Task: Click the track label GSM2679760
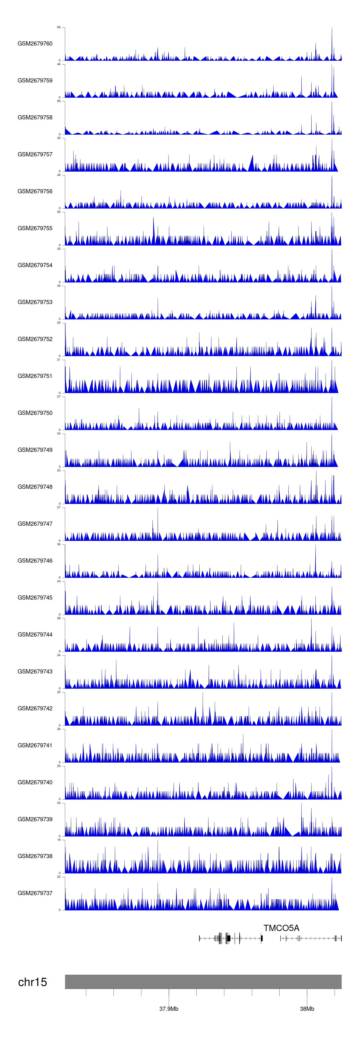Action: [x=35, y=44]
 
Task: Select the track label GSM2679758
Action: [x=35, y=118]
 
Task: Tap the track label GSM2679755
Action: [x=35, y=228]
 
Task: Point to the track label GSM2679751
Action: [x=35, y=376]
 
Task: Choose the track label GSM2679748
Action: [x=35, y=487]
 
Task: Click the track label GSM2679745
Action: [x=35, y=597]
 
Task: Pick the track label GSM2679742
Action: [x=35, y=708]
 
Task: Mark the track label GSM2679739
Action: [x=35, y=819]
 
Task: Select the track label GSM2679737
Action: [x=35, y=893]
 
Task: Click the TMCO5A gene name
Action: [x=281, y=928]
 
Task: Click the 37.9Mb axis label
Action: [x=168, y=1009]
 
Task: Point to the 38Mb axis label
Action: [x=307, y=1009]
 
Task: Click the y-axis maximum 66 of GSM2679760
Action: [x=59, y=27]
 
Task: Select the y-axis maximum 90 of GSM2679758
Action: [x=59, y=101]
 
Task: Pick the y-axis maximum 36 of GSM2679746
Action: [x=59, y=544]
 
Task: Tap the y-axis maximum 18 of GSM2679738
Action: [x=59, y=840]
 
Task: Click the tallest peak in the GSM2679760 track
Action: [x=332, y=29]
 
